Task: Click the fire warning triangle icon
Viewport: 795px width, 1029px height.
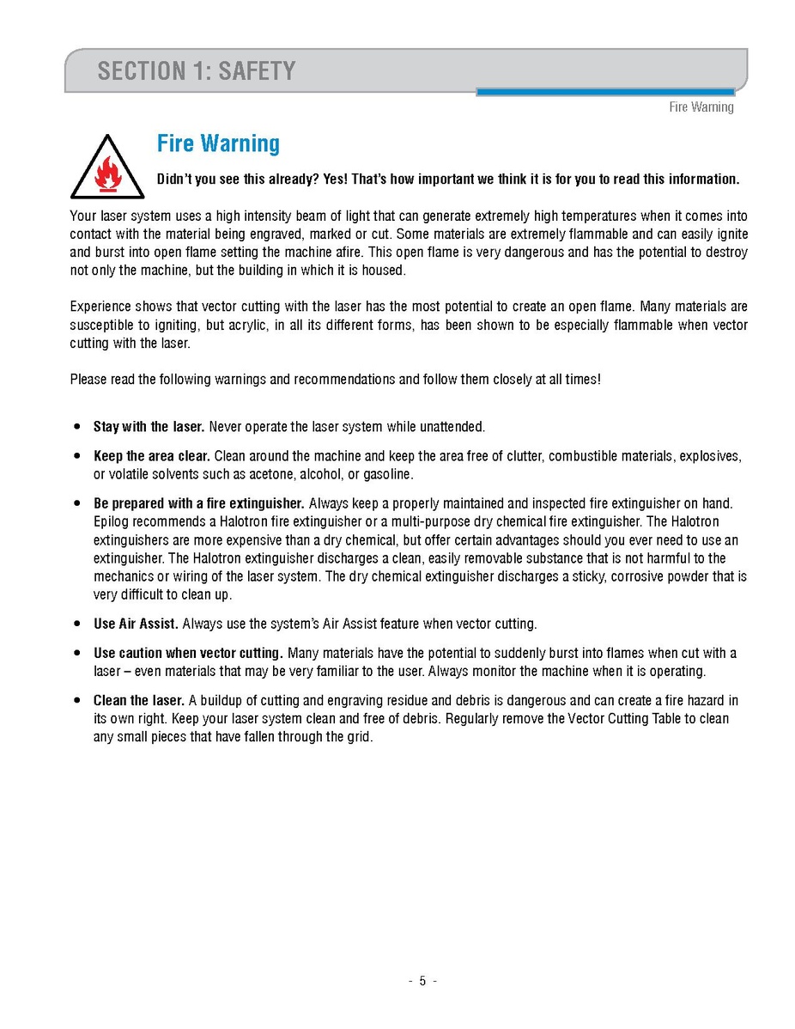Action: click(107, 167)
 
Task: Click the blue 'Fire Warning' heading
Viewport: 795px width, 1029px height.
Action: click(218, 143)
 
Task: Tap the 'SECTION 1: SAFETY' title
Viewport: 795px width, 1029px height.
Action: click(197, 70)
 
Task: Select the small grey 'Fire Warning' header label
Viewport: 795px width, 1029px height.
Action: click(701, 107)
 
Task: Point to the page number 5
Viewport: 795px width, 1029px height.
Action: click(422, 981)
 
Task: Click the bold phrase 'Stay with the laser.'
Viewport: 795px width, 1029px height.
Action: click(149, 426)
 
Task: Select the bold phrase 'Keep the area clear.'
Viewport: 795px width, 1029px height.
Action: click(151, 455)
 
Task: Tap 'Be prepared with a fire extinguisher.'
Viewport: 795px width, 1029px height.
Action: click(198, 502)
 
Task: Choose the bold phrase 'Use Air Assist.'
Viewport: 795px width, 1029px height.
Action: click(136, 624)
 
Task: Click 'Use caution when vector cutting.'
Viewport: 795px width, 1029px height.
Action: click(188, 653)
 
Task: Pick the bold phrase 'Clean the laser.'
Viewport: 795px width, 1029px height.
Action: click(139, 701)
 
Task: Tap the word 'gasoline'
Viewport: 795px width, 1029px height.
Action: click(388, 474)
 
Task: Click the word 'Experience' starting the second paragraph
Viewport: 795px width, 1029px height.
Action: click(102, 307)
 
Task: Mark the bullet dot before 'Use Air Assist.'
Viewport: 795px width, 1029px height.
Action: click(77, 624)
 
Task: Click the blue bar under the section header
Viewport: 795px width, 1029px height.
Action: click(604, 92)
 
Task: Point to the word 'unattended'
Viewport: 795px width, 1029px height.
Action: click(452, 426)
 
